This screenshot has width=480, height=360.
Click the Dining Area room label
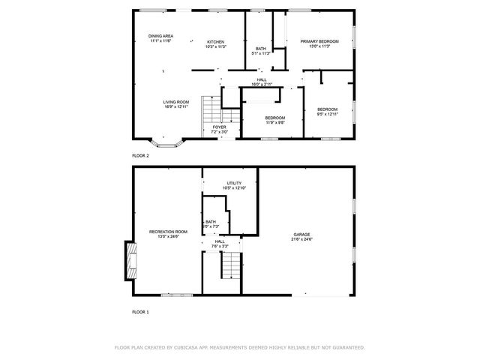(x=160, y=38)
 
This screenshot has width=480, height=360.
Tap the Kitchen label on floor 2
(x=216, y=43)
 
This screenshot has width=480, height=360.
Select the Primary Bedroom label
(x=319, y=43)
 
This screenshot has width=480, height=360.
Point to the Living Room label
(x=175, y=103)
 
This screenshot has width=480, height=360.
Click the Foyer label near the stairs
(x=219, y=129)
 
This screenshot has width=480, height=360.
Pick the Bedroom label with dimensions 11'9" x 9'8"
(x=274, y=120)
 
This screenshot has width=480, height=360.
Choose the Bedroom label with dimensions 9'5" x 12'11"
(x=327, y=112)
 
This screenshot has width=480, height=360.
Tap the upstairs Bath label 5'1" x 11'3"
(x=260, y=51)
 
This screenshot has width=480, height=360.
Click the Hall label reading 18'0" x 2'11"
(x=262, y=81)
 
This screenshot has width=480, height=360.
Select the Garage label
(x=302, y=236)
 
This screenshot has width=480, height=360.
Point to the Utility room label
(x=235, y=185)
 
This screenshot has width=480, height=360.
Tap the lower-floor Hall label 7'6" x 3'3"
(x=220, y=243)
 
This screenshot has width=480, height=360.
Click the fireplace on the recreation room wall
(x=130, y=261)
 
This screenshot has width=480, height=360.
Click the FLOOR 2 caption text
(x=140, y=155)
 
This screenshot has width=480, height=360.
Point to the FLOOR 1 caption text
(x=140, y=311)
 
